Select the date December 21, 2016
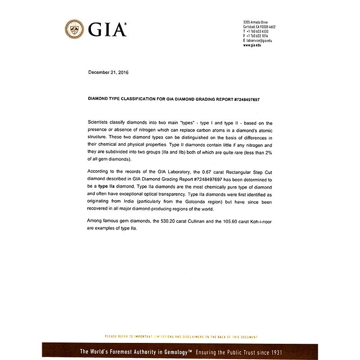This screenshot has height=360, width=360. pos(108,72)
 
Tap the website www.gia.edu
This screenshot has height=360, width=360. pos(252,45)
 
